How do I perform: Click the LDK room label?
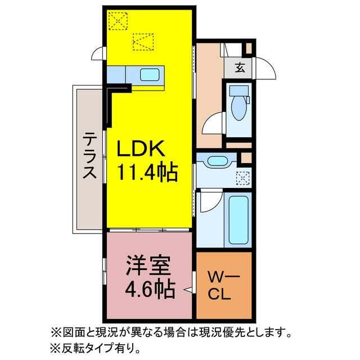pos(141,148)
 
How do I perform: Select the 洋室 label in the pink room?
pos(148,265)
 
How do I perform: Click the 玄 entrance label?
pos(240,67)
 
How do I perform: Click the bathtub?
pos(238,220)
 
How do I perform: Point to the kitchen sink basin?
pos(150,74)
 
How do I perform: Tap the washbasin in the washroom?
pos(217,160)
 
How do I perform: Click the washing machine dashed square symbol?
pos(243,178)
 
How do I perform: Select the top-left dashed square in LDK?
pos(118,21)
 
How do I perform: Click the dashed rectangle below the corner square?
pos(143,42)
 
